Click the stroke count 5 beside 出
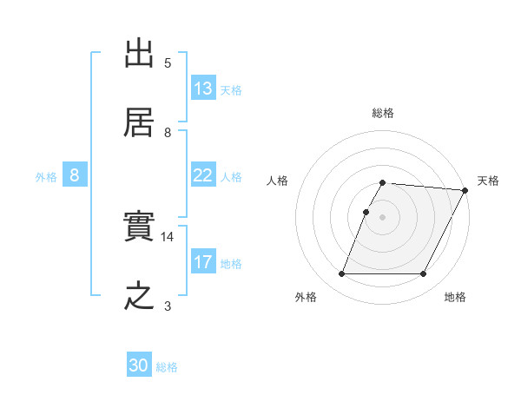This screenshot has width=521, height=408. pyautogui.click(x=168, y=63)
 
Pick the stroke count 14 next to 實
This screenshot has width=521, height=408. pyautogui.click(x=168, y=236)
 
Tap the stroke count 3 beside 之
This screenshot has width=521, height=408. pyautogui.click(x=168, y=306)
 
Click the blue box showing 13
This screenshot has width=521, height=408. pyautogui.click(x=203, y=89)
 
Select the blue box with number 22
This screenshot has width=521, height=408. pyautogui.click(x=203, y=175)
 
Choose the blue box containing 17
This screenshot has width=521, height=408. pyautogui.click(x=203, y=262)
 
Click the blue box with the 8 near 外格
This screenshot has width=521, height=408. pyautogui.click(x=75, y=175)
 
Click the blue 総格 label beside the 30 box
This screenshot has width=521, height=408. pyautogui.click(x=168, y=367)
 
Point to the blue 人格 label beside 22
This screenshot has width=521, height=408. pyautogui.click(x=231, y=176)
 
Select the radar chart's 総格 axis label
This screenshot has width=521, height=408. pyautogui.click(x=383, y=113)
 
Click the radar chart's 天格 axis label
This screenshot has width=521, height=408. pyautogui.click(x=488, y=181)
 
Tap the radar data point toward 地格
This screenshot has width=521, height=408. pyautogui.click(x=424, y=274)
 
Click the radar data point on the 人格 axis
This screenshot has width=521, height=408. pyautogui.click(x=366, y=212)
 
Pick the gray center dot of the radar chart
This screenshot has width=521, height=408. pyautogui.click(x=383, y=217)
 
